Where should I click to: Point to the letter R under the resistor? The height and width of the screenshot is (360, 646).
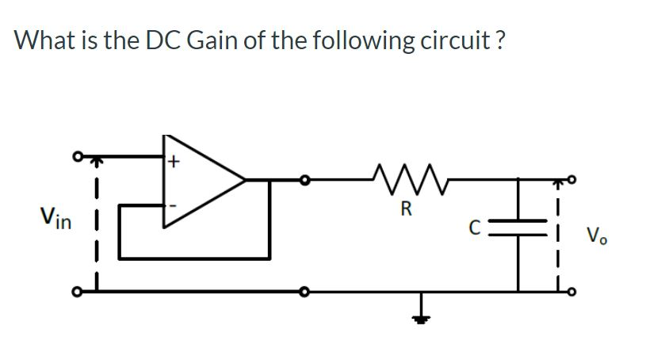click(407, 210)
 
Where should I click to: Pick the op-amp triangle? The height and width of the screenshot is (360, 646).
click(199, 180)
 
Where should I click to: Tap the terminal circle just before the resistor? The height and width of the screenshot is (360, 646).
click(302, 181)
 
